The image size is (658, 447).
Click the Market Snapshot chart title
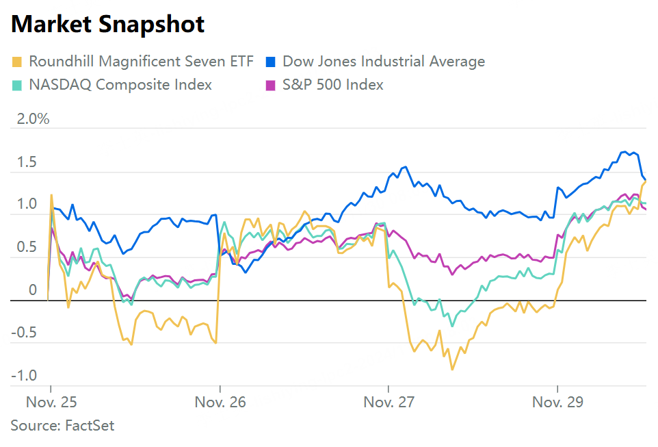[x=107, y=25]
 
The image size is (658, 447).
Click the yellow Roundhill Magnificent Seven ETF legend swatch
[x=17, y=62]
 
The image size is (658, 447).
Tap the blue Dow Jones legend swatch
[x=271, y=62]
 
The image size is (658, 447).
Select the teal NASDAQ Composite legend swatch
[x=17, y=85]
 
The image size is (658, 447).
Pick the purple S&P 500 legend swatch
[x=271, y=85]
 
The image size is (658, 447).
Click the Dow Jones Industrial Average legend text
[x=384, y=62]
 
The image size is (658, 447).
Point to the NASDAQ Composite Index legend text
[x=120, y=85]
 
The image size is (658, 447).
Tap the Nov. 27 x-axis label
[x=389, y=402]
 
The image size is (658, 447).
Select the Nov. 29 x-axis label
[x=557, y=402]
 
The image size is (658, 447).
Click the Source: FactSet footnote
[x=62, y=426]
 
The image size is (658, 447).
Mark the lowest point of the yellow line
[x=451, y=370]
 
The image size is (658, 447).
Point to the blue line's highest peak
[x=624, y=151]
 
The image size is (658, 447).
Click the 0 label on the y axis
[x=32, y=290]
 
